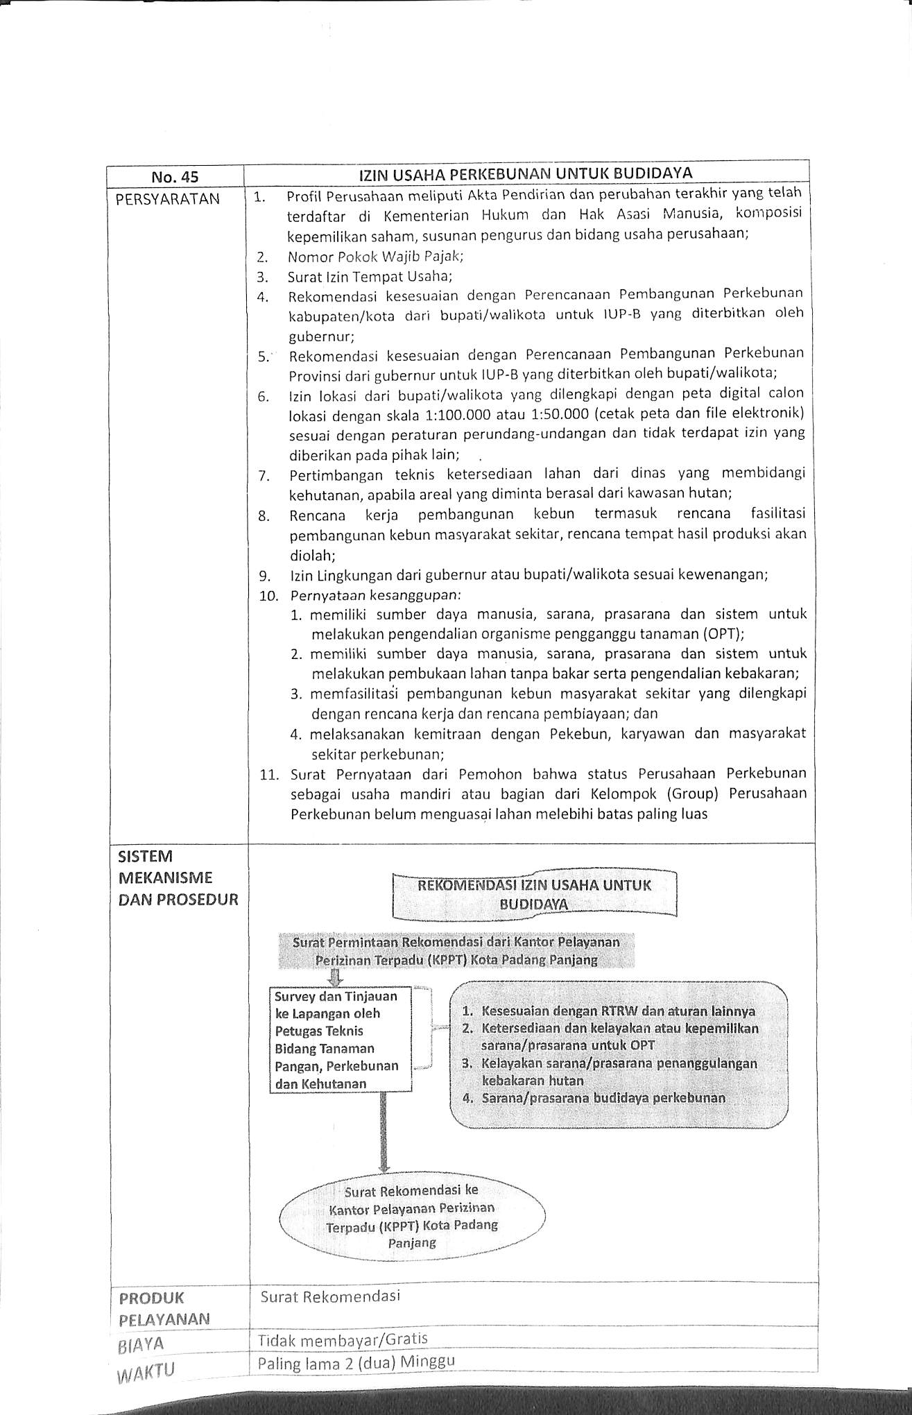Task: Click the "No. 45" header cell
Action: point(175,177)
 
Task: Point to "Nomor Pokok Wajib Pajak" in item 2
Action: point(375,256)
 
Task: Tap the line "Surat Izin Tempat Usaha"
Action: point(370,277)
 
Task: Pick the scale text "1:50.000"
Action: point(553,414)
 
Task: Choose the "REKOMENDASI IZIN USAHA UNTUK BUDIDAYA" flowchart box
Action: point(534,895)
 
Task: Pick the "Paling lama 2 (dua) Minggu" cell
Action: point(356,1363)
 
